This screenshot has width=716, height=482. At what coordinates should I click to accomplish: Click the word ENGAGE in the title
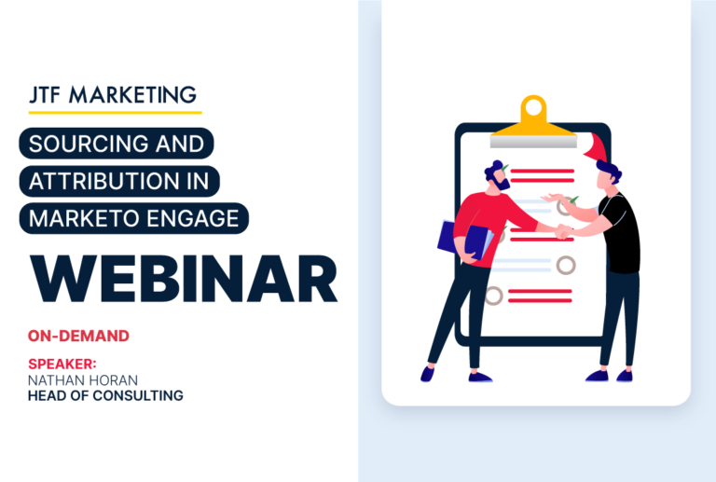[x=197, y=217]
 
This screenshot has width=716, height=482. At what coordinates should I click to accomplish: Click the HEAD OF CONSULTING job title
[x=105, y=396]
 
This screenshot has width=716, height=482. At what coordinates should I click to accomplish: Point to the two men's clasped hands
[x=563, y=231]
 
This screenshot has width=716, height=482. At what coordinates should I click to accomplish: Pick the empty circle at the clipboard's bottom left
[x=494, y=296]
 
